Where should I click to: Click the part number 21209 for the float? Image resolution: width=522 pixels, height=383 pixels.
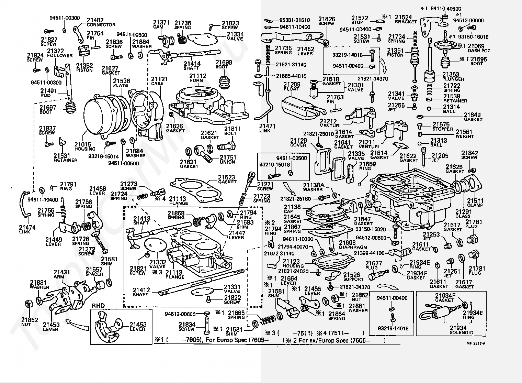(x=292, y=85)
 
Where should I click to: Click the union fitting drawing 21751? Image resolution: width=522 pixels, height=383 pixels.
(x=204, y=153)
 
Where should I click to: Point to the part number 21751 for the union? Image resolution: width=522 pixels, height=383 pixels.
(x=228, y=157)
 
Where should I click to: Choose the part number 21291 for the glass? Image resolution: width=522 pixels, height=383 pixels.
(x=463, y=211)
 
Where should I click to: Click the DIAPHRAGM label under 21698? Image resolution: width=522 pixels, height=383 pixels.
(x=353, y=247)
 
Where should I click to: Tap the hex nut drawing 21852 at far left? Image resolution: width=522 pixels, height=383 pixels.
(x=29, y=304)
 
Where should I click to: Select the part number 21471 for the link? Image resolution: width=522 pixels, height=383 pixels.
(x=267, y=126)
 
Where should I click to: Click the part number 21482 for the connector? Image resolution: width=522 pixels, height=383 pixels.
(x=95, y=20)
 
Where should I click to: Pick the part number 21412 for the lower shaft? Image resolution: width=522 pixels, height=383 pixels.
(x=141, y=290)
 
